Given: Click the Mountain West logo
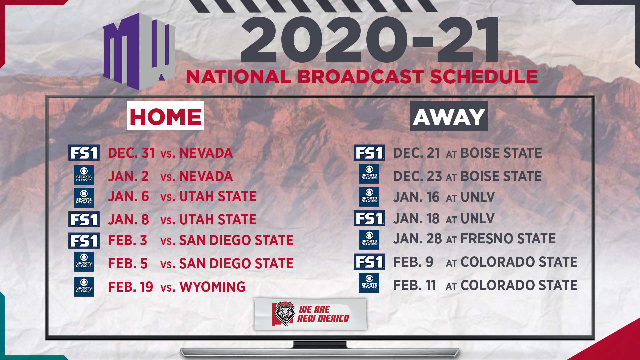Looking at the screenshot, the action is click(x=139, y=52).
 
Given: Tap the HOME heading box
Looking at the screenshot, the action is click(x=165, y=116).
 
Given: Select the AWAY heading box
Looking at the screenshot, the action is click(x=449, y=116).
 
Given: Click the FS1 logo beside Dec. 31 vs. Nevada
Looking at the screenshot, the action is click(x=84, y=153).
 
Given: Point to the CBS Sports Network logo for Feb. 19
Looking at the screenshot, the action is click(x=84, y=287).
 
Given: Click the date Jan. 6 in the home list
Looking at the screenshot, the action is click(x=128, y=196).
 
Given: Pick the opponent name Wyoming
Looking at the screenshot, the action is click(x=212, y=287).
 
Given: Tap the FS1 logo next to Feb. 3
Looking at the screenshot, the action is click(x=84, y=240).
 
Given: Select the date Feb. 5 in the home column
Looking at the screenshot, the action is click(x=128, y=264).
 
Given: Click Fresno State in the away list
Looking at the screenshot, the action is click(x=508, y=239).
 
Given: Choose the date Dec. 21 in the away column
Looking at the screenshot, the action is click(x=417, y=153).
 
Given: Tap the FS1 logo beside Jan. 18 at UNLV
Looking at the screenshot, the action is click(x=369, y=218).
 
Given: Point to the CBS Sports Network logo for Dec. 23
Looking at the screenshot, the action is click(x=369, y=174).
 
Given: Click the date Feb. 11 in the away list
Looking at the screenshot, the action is click(x=415, y=285).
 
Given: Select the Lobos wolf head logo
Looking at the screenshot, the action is click(x=284, y=314).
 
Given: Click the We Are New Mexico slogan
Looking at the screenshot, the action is click(x=323, y=314).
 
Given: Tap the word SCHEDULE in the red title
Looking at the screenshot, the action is click(x=484, y=77).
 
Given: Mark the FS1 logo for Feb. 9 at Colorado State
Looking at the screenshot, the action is click(x=369, y=262).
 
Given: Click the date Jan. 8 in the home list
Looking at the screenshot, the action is click(x=128, y=220).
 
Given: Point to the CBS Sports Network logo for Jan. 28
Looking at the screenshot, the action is click(x=369, y=240).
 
